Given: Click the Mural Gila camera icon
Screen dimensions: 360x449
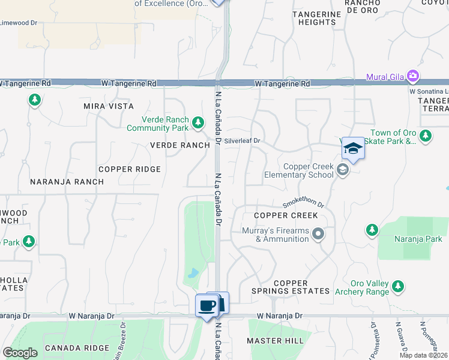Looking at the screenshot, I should pyautogui.click(x=412, y=76).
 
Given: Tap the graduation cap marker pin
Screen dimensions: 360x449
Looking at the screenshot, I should pyautogui.click(x=353, y=149).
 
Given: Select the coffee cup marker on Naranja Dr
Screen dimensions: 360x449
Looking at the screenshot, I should pyautogui.click(x=207, y=306).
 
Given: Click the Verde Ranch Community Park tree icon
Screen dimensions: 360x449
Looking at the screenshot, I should pyautogui.click(x=198, y=124).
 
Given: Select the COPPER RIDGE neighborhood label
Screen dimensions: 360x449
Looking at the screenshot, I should pyautogui.click(x=130, y=169).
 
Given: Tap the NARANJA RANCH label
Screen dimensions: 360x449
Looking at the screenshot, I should pyautogui.click(x=59, y=181).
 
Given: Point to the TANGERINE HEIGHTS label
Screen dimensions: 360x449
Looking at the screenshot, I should pyautogui.click(x=314, y=17).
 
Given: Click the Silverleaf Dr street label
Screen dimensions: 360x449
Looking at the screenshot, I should pyautogui.click(x=244, y=141).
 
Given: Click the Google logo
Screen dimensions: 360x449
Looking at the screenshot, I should pyautogui.click(x=20, y=353).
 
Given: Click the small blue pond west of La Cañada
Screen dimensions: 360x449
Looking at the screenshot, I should pyautogui.click(x=192, y=274).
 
